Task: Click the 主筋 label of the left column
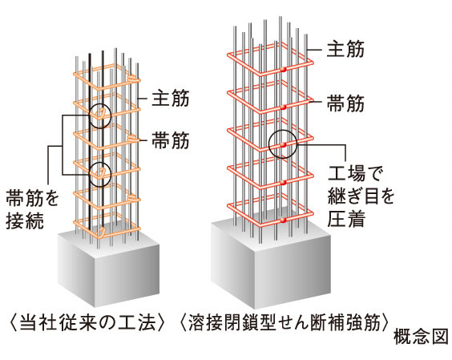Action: (171, 100)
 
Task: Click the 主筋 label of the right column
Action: (346, 50)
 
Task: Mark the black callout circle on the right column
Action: (283, 145)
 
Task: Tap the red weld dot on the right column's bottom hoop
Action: (283, 217)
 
